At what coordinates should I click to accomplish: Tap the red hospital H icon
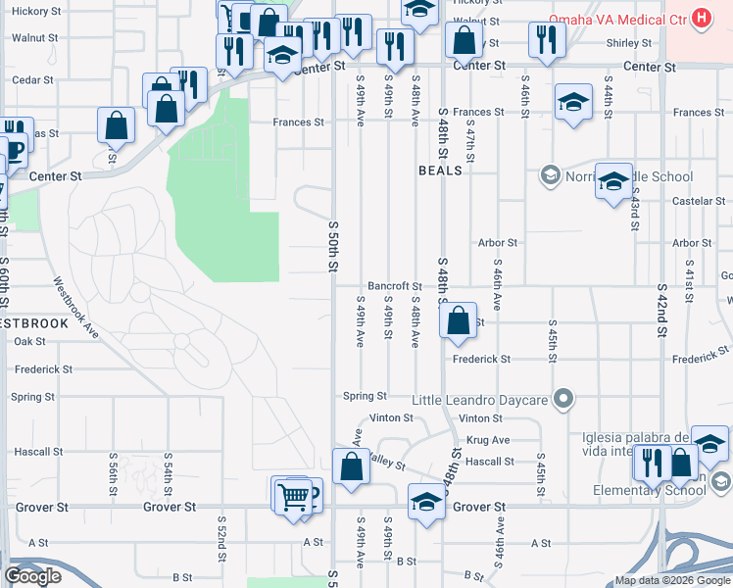pos(701,18)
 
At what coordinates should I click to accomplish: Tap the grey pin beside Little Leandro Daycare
pos(562,399)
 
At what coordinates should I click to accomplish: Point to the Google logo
pos(33,576)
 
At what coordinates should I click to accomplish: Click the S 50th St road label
pos(333,246)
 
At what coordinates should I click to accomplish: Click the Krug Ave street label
pos(488,440)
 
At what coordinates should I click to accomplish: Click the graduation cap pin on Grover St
pos(425,502)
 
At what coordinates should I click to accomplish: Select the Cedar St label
pos(33,80)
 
